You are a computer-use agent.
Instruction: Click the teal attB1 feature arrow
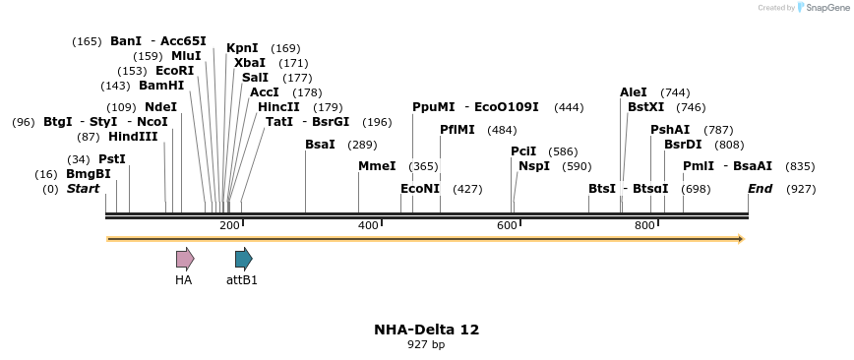point(243,259)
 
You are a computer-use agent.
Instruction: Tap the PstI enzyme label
point(112,159)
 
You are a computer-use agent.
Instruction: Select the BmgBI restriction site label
point(89,174)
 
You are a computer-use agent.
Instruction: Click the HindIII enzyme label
point(133,137)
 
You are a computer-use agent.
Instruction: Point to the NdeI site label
point(160,107)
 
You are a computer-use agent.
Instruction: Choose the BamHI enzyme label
point(161,86)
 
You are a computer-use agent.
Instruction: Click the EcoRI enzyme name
point(175,71)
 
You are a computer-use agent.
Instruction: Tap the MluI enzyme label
point(186,56)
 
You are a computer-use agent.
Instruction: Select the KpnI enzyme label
point(242,48)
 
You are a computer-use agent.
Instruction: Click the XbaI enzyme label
point(250,63)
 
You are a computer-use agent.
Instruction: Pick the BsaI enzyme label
point(321,145)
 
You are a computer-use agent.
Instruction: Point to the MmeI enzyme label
point(377,166)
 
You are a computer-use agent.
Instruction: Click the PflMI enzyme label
point(457,130)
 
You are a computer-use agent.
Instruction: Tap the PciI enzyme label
point(523,151)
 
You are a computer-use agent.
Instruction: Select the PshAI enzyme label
point(670,130)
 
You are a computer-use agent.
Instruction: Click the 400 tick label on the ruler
point(368,226)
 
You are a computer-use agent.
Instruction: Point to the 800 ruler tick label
point(644,226)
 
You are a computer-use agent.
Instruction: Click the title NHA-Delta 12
point(426,330)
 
